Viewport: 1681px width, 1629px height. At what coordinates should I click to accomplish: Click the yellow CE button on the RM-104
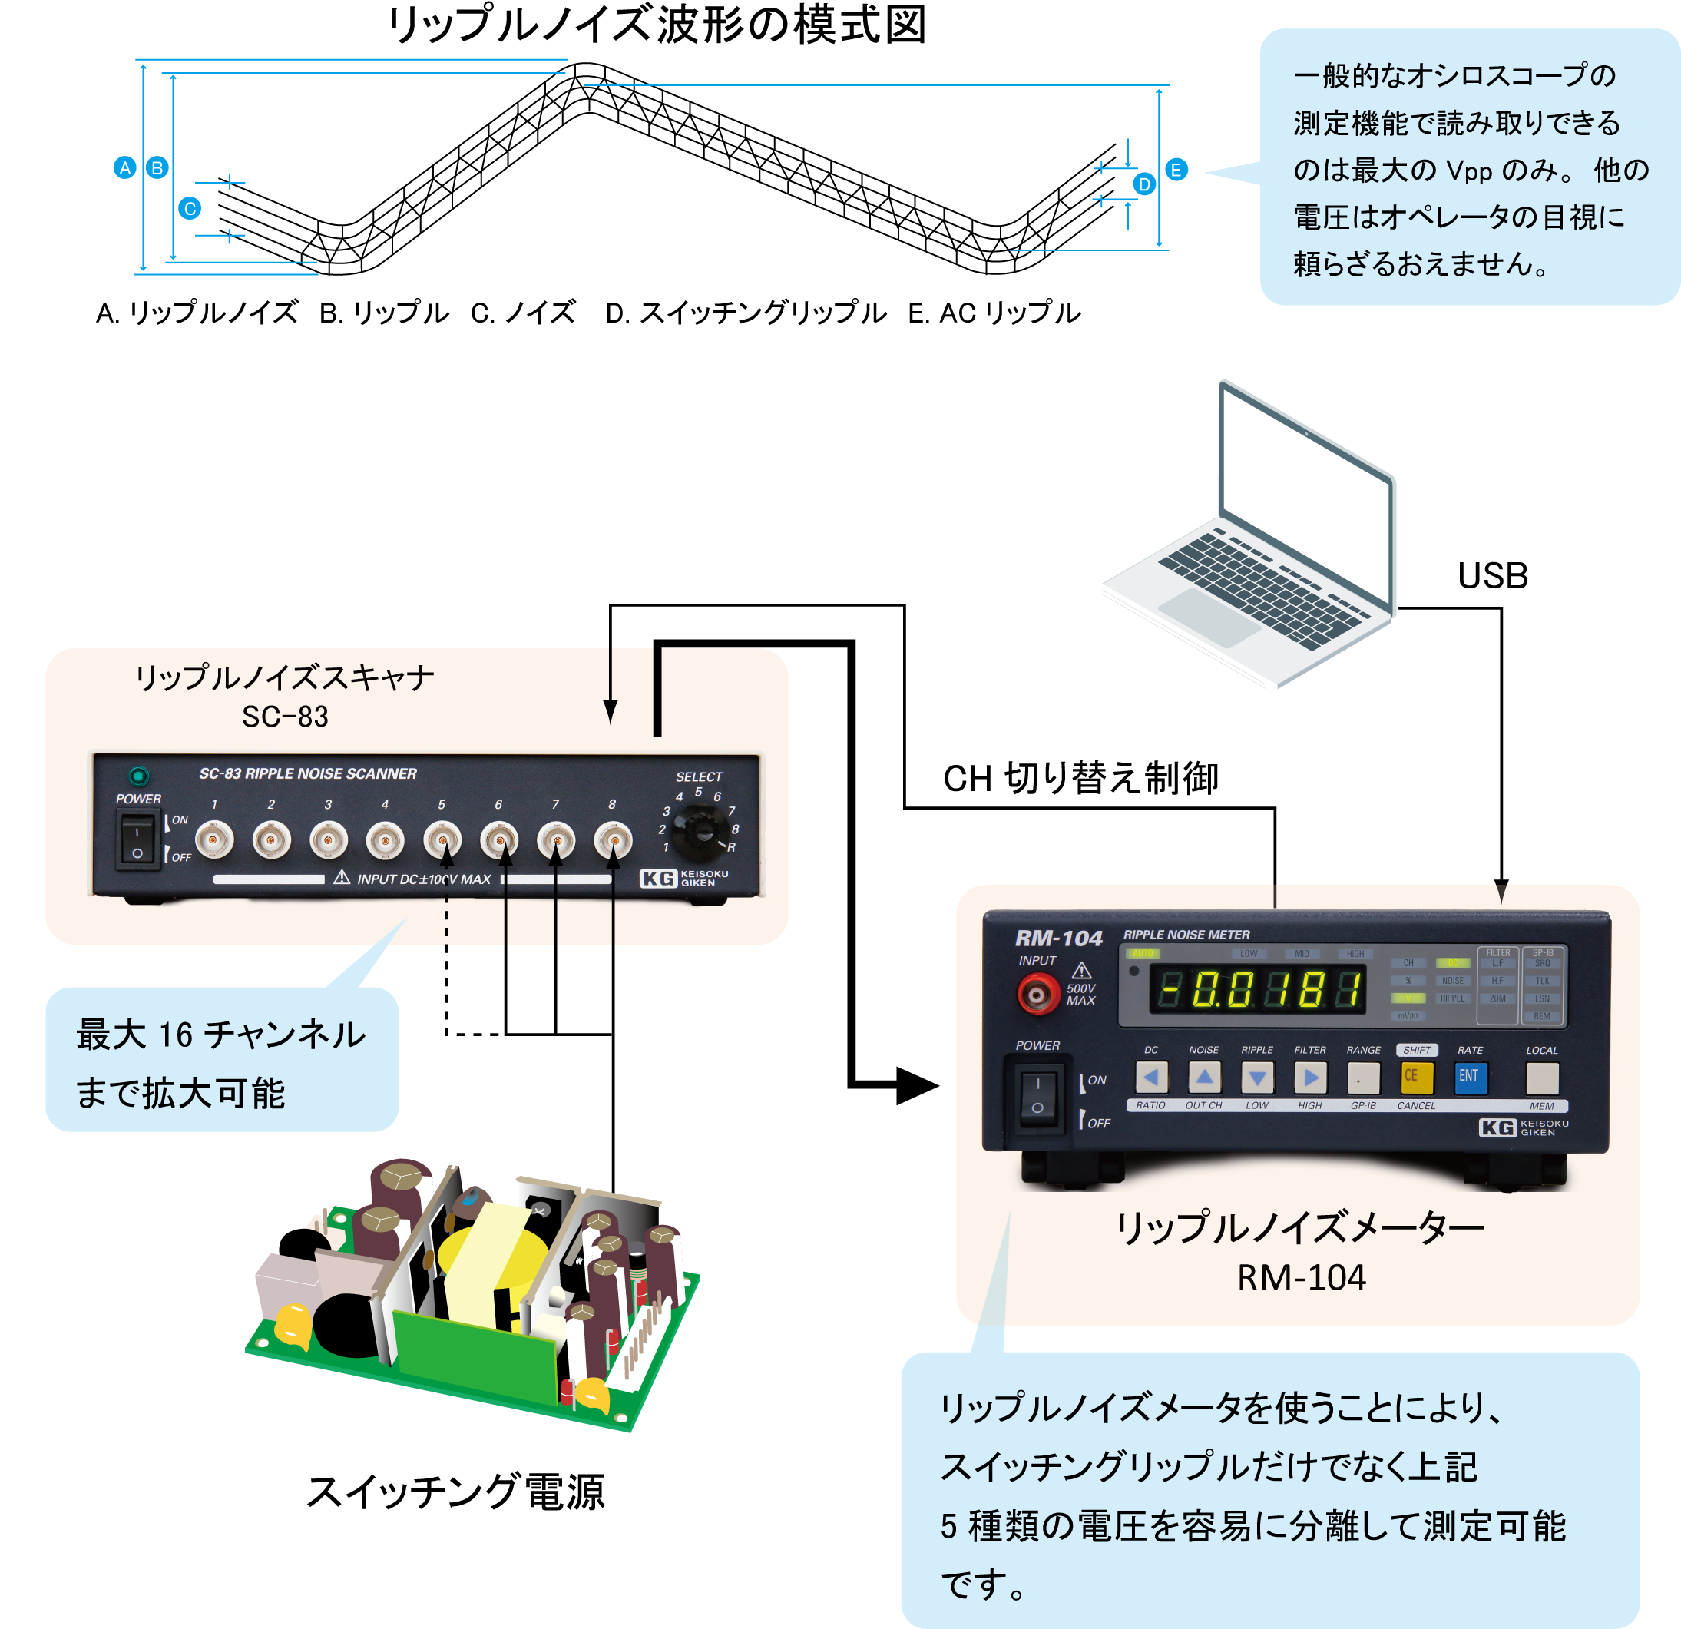(x=1416, y=1078)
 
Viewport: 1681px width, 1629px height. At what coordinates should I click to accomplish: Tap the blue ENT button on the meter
(x=1469, y=1077)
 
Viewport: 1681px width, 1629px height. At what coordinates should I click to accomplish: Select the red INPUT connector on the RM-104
(x=1037, y=995)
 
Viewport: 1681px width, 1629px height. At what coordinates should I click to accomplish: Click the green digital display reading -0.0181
(x=1257, y=990)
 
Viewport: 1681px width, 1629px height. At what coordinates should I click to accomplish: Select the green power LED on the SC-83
(x=138, y=776)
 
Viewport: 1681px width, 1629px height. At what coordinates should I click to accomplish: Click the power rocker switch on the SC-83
(x=137, y=841)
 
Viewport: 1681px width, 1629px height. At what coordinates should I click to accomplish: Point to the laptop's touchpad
(x=1209, y=616)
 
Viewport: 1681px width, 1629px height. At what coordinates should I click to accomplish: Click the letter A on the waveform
(x=125, y=169)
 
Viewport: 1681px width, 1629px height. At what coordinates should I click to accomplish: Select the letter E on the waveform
(x=1176, y=171)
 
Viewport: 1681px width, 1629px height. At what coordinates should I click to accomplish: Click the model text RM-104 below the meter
(x=1300, y=1278)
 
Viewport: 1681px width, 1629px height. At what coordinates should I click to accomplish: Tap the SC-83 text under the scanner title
(x=285, y=717)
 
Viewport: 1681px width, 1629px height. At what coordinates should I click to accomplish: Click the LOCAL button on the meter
(x=1541, y=1078)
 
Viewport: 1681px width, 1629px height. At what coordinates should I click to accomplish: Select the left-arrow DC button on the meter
(x=1151, y=1078)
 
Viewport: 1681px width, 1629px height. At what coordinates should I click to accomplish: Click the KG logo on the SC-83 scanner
(x=659, y=879)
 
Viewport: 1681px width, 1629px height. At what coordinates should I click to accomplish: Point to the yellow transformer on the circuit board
(x=480, y=1261)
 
